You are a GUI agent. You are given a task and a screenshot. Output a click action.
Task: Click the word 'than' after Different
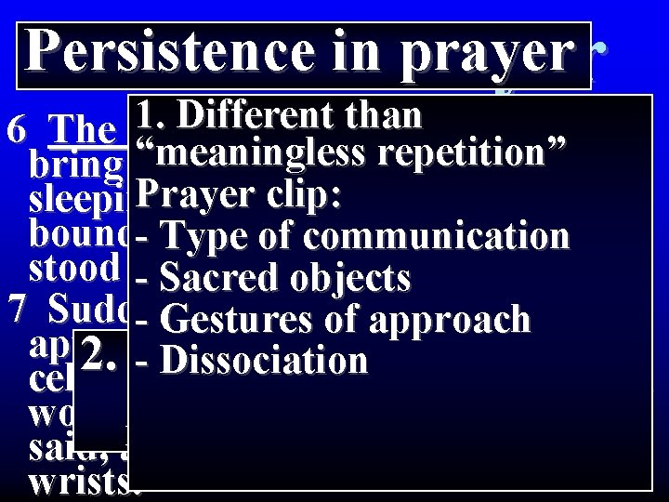[382, 116]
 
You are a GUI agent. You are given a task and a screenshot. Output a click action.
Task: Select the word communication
[437, 237]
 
